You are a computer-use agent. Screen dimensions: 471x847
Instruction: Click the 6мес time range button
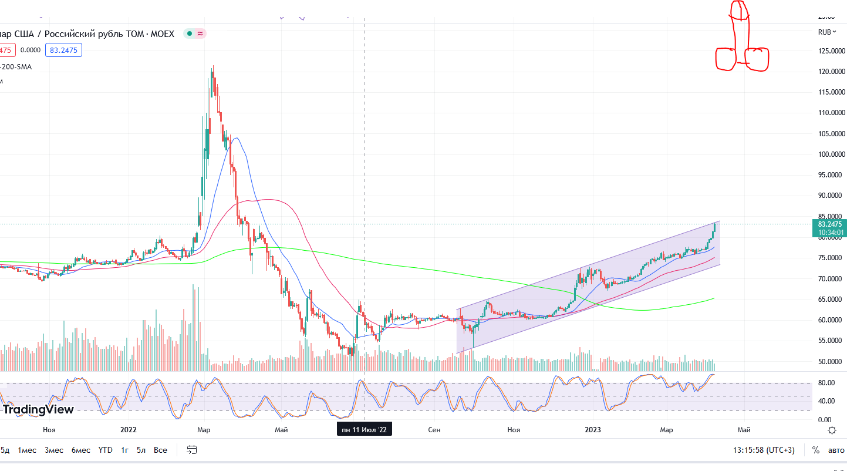(x=81, y=450)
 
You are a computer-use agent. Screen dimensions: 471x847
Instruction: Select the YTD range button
(x=105, y=450)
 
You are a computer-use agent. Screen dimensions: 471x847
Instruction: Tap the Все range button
(x=160, y=450)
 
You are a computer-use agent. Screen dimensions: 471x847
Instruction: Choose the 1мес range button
(x=27, y=450)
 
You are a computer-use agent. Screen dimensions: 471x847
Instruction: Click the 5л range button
(x=141, y=450)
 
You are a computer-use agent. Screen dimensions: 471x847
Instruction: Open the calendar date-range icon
(x=191, y=450)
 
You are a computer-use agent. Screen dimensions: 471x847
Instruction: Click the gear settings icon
(x=832, y=430)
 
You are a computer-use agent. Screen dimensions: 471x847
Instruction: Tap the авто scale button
(x=836, y=450)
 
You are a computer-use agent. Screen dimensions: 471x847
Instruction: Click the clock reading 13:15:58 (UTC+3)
(x=763, y=450)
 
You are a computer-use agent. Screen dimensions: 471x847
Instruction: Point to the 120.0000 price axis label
(x=831, y=72)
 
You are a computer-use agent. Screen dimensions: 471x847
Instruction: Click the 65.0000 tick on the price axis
(x=831, y=299)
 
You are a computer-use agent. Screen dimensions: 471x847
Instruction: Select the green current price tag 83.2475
(x=829, y=224)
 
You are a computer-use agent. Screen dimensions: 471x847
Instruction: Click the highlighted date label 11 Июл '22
(x=365, y=430)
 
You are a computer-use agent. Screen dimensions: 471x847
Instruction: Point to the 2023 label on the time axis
(x=593, y=430)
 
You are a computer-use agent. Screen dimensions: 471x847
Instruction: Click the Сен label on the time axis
(x=434, y=430)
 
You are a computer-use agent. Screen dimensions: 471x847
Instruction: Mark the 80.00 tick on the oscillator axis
(x=826, y=383)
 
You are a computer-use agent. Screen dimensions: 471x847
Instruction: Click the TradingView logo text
(x=39, y=409)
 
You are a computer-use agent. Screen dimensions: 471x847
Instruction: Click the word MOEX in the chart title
(x=162, y=34)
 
